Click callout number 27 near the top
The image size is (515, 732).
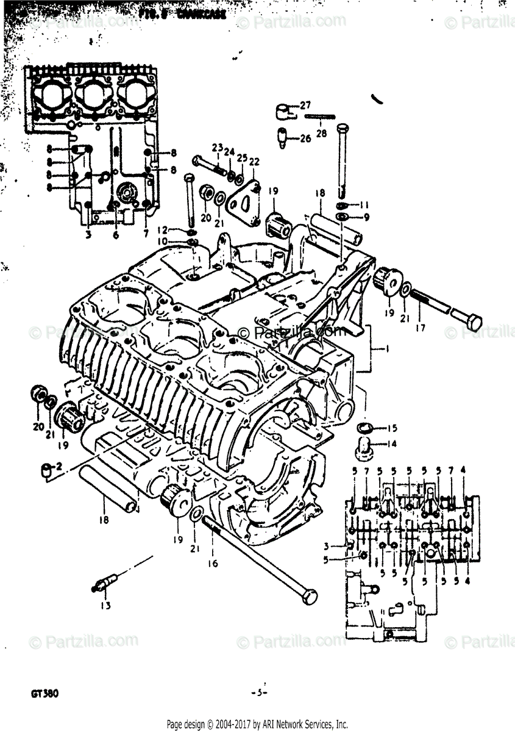point(305,104)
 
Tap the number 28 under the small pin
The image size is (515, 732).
point(321,133)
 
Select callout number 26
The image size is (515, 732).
point(305,138)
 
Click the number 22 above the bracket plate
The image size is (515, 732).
point(254,161)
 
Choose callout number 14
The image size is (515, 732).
point(391,444)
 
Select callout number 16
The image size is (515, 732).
point(211,564)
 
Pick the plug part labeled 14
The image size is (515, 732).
point(364,445)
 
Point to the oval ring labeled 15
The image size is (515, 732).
point(364,426)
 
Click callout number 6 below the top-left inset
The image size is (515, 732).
point(116,235)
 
